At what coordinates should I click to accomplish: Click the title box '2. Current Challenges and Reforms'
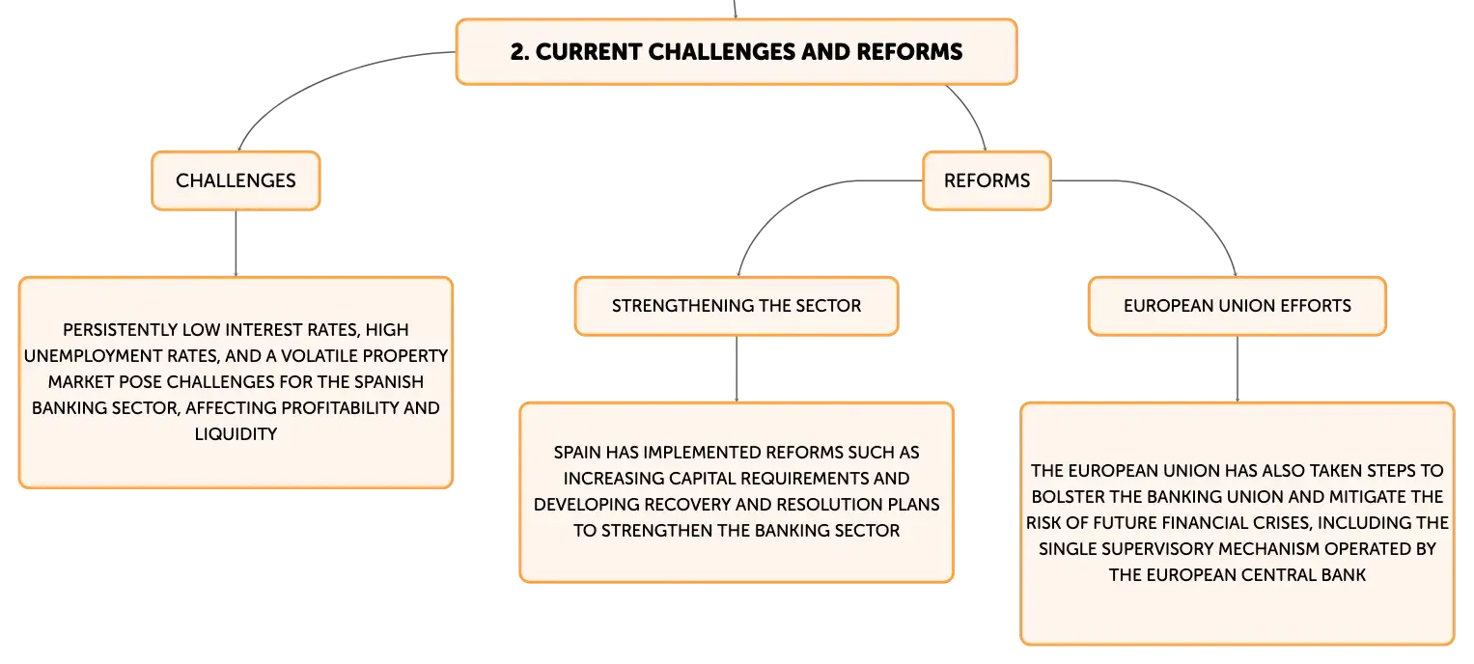click(x=737, y=52)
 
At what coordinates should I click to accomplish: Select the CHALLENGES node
click(x=236, y=181)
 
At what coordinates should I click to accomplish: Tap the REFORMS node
click(x=987, y=181)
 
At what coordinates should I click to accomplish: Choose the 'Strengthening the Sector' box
click(x=737, y=306)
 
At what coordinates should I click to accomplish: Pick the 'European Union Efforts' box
click(x=1238, y=306)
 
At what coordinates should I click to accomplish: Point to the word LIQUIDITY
click(x=236, y=434)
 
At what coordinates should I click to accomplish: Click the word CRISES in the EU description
click(x=1283, y=523)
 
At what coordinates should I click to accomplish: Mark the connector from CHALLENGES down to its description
click(x=236, y=243)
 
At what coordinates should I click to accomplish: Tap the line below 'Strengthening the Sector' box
click(x=737, y=370)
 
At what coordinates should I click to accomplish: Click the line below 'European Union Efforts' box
click(x=1238, y=370)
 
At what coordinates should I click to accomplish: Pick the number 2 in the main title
click(x=519, y=52)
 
